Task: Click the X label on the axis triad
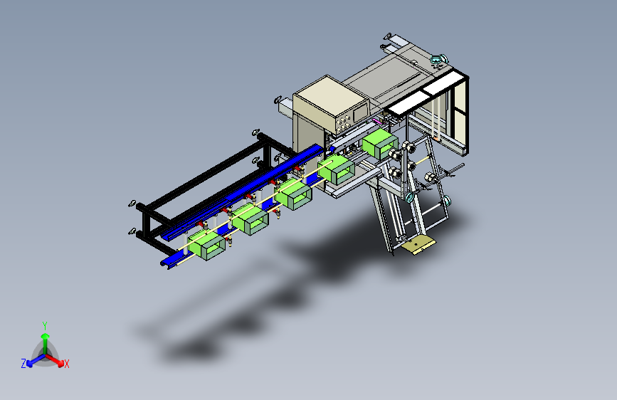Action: [67, 364]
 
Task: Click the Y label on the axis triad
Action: [45, 326]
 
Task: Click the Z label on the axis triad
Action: [23, 364]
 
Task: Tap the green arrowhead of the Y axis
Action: [46, 336]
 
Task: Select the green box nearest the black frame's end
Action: [207, 246]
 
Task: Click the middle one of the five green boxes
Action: [293, 194]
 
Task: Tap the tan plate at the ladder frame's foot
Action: [419, 245]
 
